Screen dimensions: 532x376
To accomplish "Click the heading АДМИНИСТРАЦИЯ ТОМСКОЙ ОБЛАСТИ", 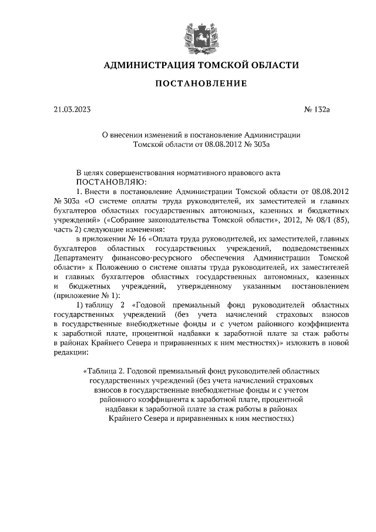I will point(201,65).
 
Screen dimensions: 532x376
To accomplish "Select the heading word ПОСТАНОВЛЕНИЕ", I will point(201,85).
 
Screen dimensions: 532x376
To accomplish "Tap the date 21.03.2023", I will point(71,109).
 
